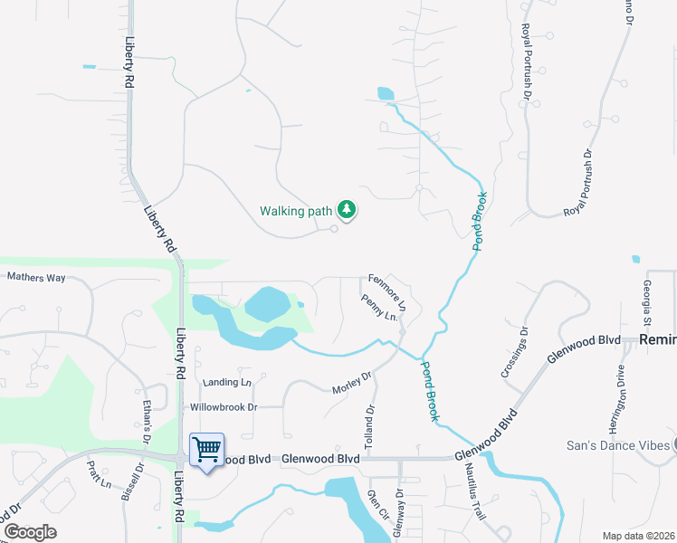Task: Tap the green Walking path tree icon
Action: tap(346, 210)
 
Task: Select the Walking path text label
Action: tap(296, 211)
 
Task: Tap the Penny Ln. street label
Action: tap(379, 309)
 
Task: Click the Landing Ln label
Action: tap(226, 383)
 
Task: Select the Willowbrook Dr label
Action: tap(222, 407)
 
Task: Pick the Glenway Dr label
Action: tap(399, 514)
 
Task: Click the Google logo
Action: tap(30, 532)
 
